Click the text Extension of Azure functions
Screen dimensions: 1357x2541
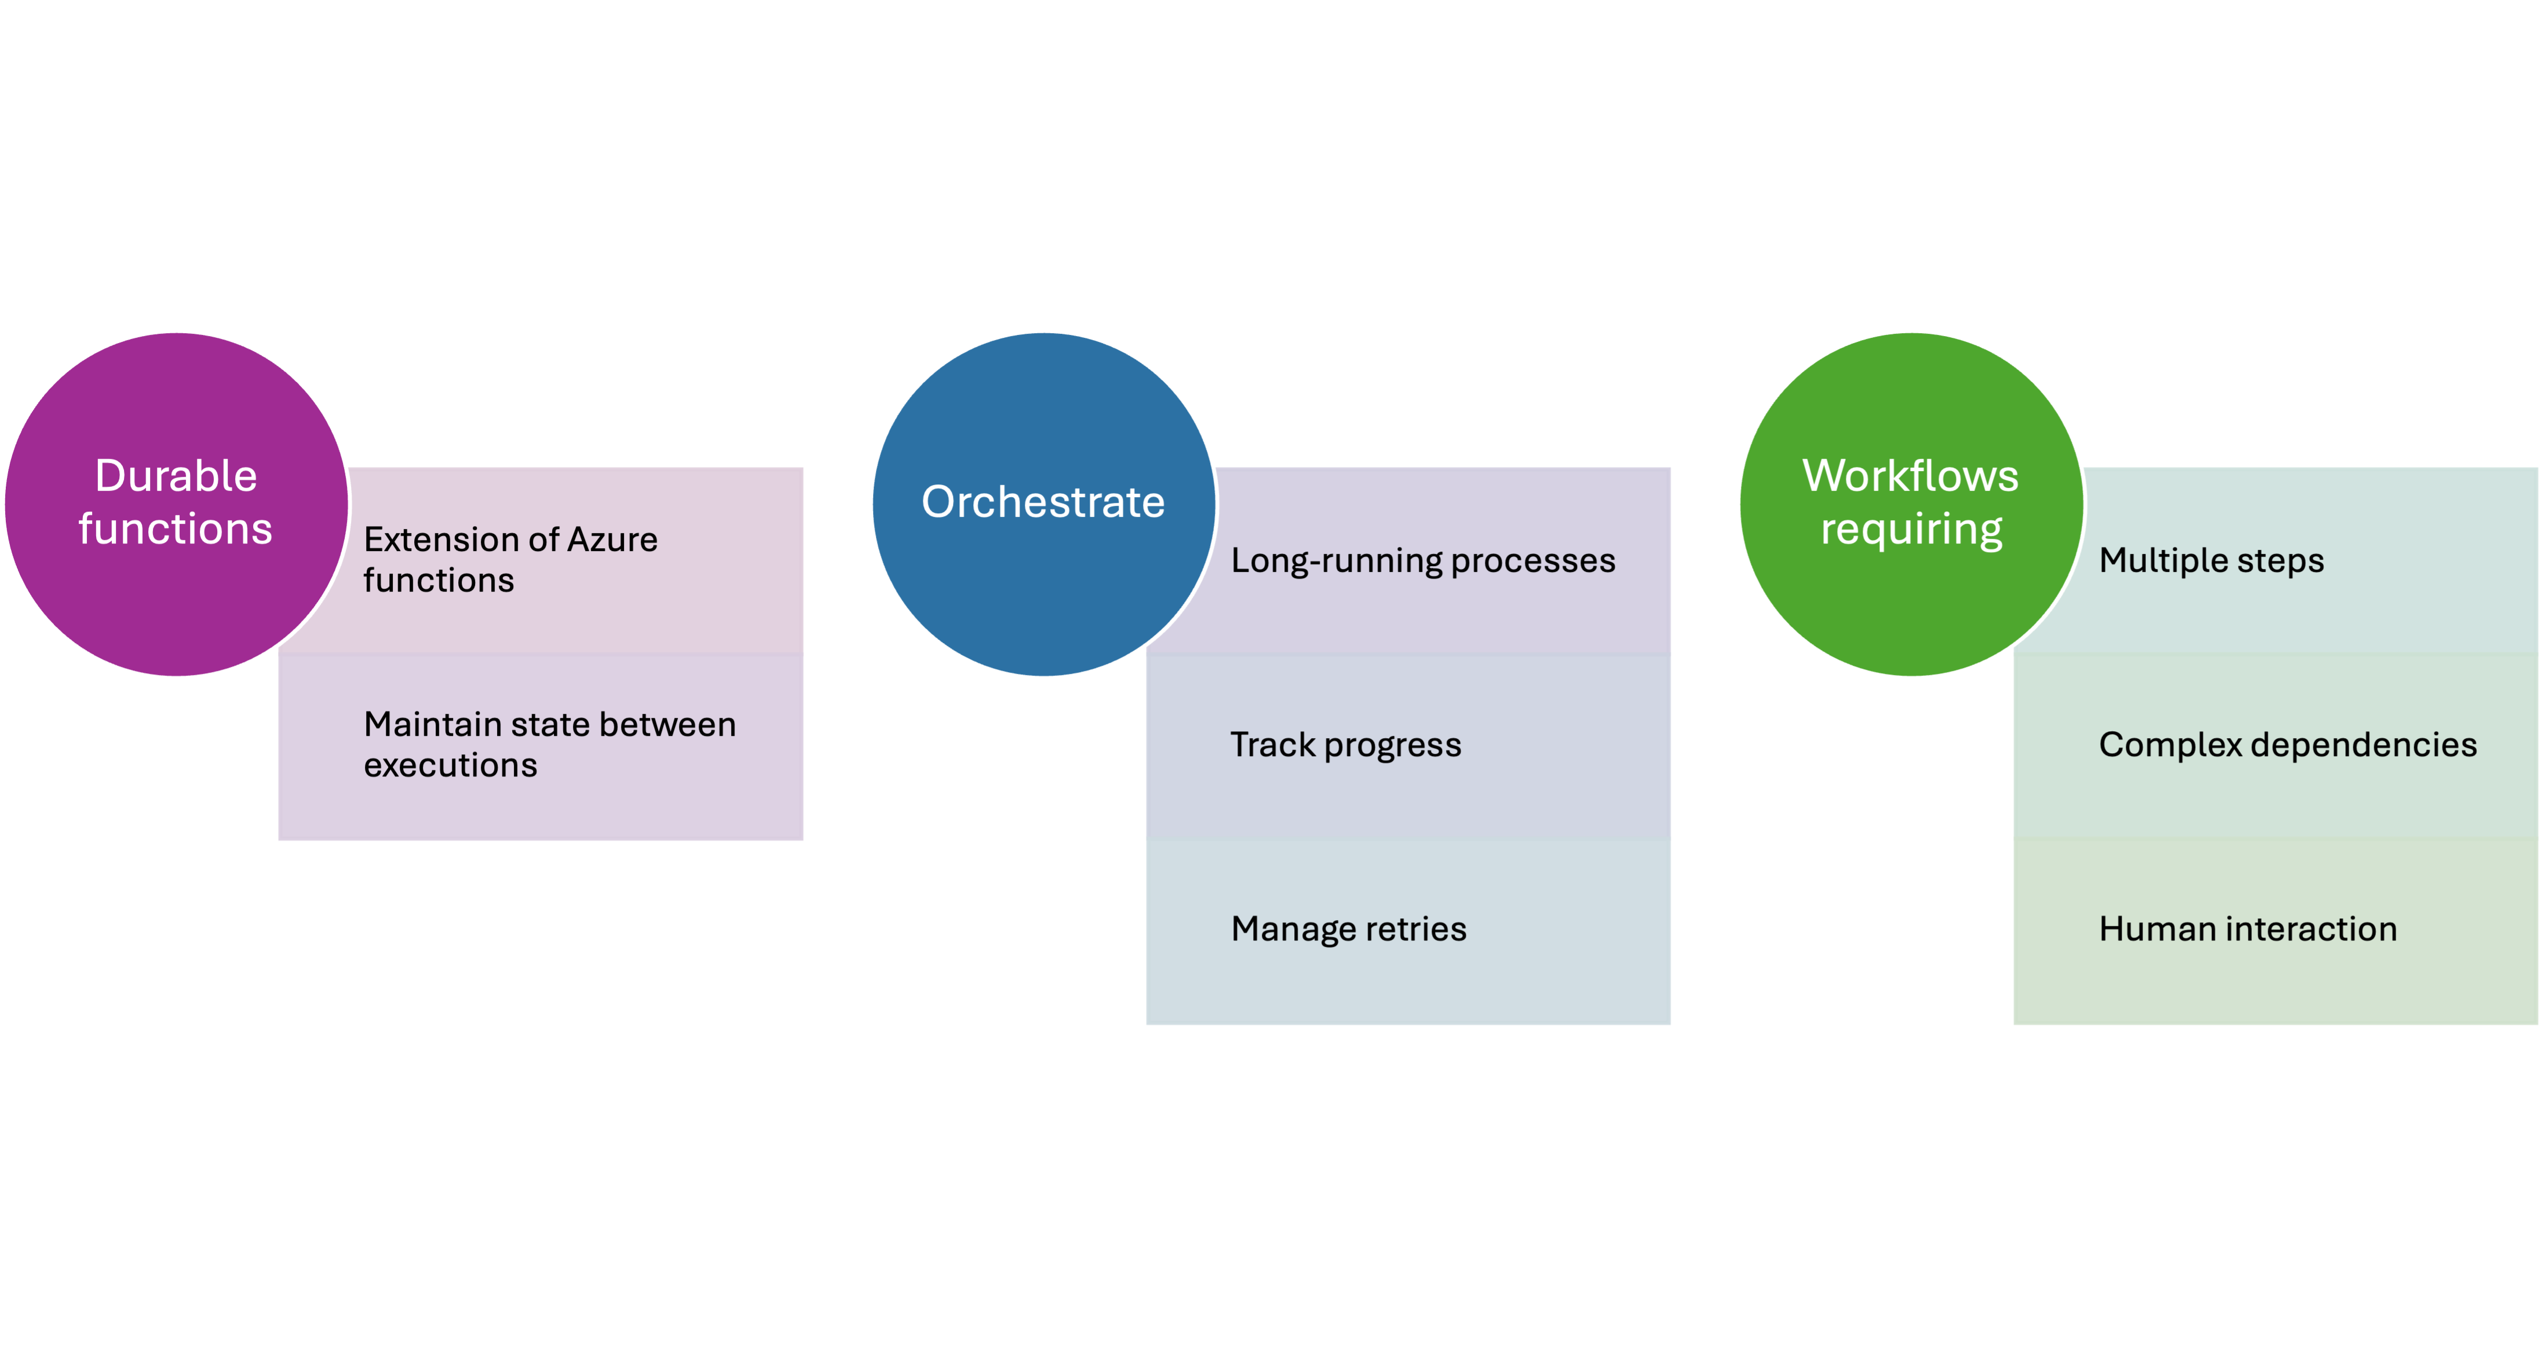(x=510, y=559)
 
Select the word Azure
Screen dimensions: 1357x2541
(x=612, y=539)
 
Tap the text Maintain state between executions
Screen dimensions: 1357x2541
(x=549, y=745)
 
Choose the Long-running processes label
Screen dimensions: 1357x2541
(x=1422, y=560)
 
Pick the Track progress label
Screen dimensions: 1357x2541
(x=1345, y=745)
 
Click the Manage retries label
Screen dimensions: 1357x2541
(x=1349, y=929)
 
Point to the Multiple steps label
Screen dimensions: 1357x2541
(x=2211, y=560)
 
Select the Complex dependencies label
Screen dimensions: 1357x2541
(x=2287, y=745)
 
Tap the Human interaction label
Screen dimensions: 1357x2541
(x=2248, y=929)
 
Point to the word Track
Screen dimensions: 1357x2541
(x=1272, y=745)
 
